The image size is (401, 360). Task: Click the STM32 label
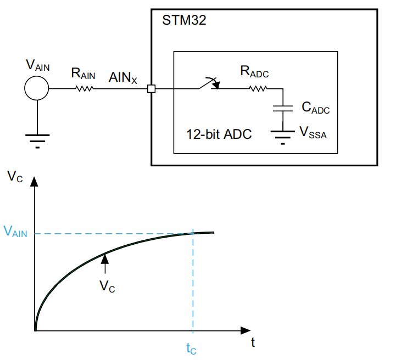click(x=184, y=20)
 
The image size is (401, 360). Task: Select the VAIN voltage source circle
click(x=37, y=88)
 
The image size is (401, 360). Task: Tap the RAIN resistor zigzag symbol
click(x=85, y=88)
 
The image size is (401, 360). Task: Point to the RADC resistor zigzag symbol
click(x=258, y=88)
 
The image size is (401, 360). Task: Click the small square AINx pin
click(x=152, y=89)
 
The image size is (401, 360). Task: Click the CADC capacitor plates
click(x=283, y=108)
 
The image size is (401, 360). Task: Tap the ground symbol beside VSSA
click(x=282, y=137)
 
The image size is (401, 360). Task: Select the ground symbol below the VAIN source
click(x=37, y=141)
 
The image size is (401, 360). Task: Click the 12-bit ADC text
click(x=219, y=134)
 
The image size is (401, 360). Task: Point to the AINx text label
click(x=123, y=77)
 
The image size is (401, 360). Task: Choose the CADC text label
click(x=316, y=108)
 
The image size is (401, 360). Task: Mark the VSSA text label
click(x=313, y=132)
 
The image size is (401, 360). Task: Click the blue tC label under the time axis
click(x=191, y=348)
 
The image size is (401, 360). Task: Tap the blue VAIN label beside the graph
click(x=15, y=231)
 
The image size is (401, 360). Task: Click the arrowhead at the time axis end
click(x=246, y=330)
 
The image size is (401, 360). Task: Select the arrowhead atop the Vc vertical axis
click(x=34, y=181)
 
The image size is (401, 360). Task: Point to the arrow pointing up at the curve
click(x=105, y=263)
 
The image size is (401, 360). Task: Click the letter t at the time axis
click(x=253, y=342)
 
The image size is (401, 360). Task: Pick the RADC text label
click(x=254, y=71)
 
